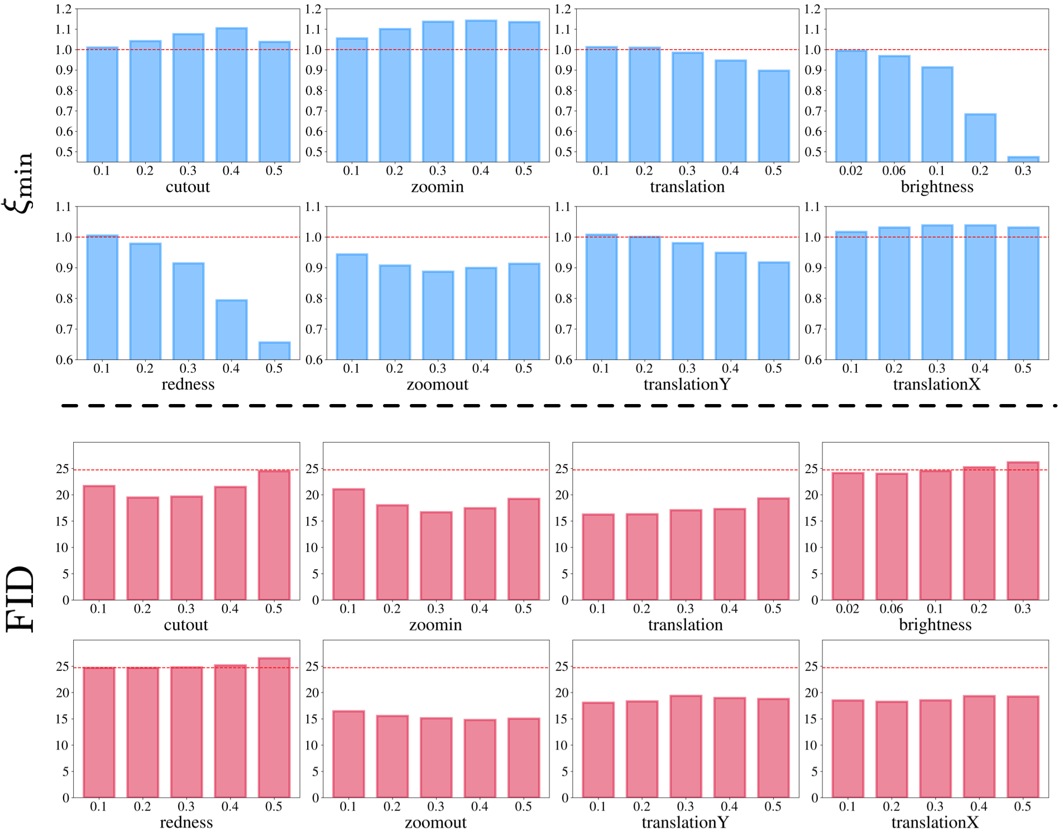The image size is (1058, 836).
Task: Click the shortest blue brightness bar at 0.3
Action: tap(1023, 159)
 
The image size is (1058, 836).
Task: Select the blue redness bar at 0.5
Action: tap(274, 350)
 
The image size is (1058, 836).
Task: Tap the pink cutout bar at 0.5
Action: tap(274, 535)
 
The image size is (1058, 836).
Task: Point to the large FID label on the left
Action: tap(20, 599)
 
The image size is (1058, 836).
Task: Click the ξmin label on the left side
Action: tap(19, 182)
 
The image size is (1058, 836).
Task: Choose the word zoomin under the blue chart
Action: tap(437, 186)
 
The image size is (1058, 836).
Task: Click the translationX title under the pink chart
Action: tap(935, 822)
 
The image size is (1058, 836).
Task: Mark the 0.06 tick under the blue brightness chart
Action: tap(893, 170)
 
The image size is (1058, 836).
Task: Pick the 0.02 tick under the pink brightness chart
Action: tap(848, 608)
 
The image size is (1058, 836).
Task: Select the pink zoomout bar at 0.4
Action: tap(480, 758)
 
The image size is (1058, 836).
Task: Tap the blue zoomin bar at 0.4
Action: tap(481, 91)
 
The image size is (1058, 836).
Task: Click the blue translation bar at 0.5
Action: tap(773, 116)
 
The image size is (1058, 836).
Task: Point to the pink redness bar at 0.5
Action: tap(274, 728)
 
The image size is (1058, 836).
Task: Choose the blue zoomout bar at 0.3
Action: tap(438, 315)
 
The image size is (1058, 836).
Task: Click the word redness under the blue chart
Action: tap(188, 385)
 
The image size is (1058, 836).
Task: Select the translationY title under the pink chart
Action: tap(685, 822)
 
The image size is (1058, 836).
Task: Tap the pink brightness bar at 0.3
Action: tap(1023, 531)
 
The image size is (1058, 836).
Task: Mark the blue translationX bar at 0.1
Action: tap(851, 296)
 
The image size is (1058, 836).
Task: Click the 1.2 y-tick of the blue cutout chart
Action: tap(64, 9)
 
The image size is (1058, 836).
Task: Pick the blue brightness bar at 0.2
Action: tap(980, 138)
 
